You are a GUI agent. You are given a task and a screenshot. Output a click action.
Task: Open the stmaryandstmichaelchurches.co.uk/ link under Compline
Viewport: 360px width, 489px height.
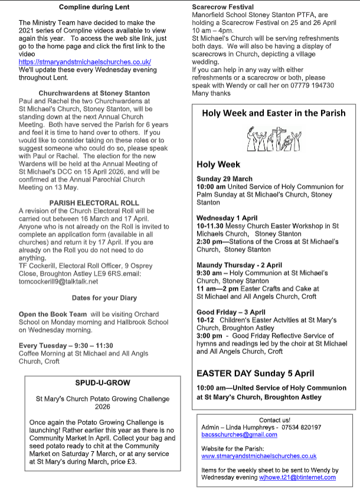pos(85,61)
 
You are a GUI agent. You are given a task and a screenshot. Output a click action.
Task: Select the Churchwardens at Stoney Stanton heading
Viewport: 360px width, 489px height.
pos(90,93)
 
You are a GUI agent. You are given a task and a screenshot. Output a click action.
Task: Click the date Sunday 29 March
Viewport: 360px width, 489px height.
pos(225,179)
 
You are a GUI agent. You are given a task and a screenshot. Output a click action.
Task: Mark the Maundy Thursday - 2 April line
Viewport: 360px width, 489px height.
pos(240,265)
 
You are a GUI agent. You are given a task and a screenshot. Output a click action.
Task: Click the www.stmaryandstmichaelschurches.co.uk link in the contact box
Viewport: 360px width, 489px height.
pos(259,456)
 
